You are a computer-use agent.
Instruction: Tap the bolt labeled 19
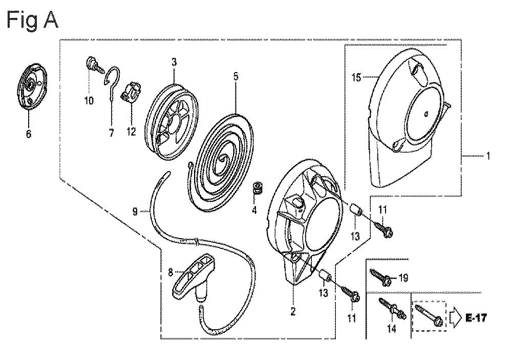[x=380, y=277]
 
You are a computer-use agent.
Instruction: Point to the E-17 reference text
[x=476, y=317]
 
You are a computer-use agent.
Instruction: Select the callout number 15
[x=356, y=78]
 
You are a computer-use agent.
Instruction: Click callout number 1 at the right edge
[x=488, y=156]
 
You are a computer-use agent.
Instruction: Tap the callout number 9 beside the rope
[x=135, y=211]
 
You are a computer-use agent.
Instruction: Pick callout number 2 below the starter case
[x=293, y=311]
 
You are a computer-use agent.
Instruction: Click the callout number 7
[x=111, y=133]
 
